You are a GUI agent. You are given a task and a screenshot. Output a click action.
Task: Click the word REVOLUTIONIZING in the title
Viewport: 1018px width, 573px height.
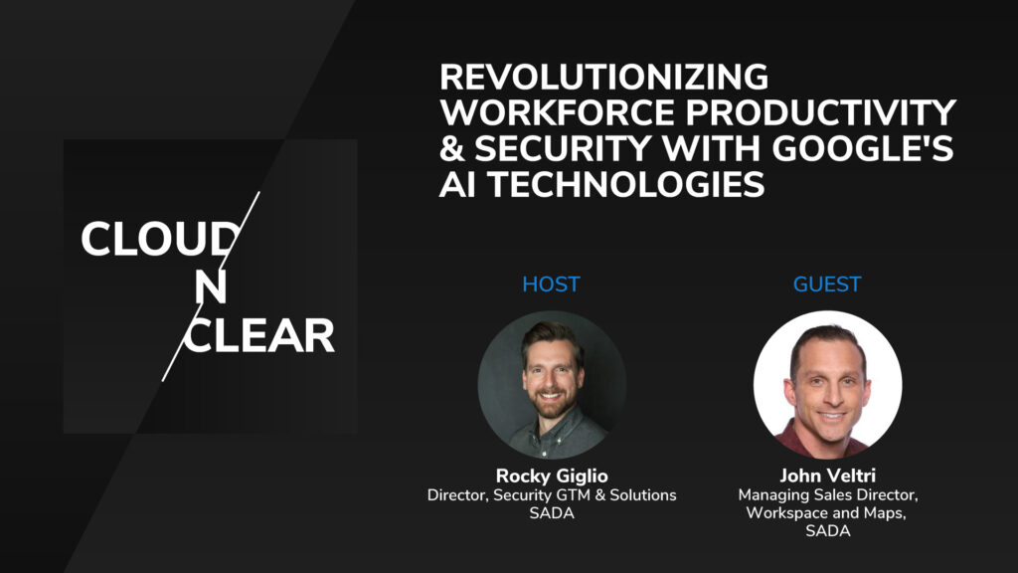(x=603, y=77)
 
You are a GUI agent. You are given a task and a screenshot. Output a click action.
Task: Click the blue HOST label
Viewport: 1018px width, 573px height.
(x=551, y=285)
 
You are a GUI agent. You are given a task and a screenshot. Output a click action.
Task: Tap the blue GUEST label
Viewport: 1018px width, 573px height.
(x=827, y=285)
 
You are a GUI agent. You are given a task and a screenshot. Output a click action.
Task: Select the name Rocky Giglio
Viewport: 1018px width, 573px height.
(x=551, y=476)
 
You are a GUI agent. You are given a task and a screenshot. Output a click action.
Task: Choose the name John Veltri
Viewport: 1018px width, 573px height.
(x=827, y=476)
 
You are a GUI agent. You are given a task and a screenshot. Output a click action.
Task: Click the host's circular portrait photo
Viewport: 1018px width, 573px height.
(x=551, y=384)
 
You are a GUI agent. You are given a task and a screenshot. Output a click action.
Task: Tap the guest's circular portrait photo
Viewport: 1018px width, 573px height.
(x=827, y=384)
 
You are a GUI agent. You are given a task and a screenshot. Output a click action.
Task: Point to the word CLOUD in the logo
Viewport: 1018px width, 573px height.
(x=159, y=240)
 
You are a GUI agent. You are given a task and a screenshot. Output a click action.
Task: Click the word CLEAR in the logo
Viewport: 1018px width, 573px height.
(x=260, y=337)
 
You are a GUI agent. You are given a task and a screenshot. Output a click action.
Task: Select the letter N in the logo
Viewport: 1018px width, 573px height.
(x=210, y=287)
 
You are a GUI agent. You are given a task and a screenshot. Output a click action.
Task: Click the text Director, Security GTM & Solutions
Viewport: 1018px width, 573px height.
(x=551, y=495)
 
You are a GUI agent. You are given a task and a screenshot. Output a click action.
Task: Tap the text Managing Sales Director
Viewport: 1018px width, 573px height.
(x=827, y=495)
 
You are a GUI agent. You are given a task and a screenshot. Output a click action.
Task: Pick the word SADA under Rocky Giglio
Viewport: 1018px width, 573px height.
(x=551, y=514)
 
